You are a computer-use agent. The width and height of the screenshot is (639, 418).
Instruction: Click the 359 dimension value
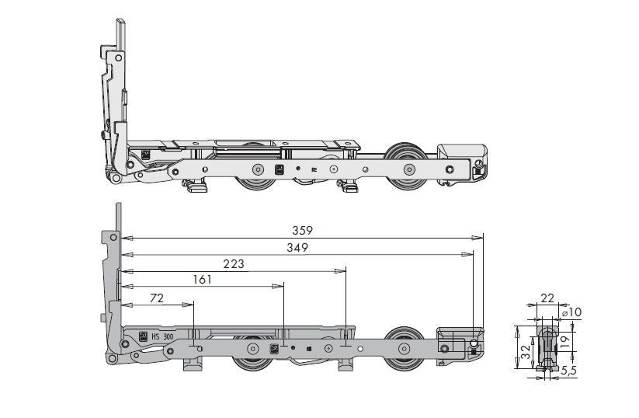(x=302, y=230)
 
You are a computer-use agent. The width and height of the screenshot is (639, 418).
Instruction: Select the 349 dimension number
(x=297, y=248)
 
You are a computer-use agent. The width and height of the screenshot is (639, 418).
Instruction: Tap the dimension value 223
(x=232, y=264)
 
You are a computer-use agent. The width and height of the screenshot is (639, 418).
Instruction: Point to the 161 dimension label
(x=201, y=280)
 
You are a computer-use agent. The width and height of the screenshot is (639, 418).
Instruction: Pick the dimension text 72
(x=157, y=298)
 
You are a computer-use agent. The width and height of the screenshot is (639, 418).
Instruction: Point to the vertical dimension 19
(x=566, y=340)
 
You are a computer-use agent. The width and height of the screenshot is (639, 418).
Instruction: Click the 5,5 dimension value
(x=568, y=371)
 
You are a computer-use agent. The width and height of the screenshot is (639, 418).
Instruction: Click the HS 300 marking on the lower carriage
(x=161, y=336)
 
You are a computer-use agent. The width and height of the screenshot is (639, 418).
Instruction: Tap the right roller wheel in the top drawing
(x=407, y=169)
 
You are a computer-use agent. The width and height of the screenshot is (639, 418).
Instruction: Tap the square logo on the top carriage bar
(x=281, y=169)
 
